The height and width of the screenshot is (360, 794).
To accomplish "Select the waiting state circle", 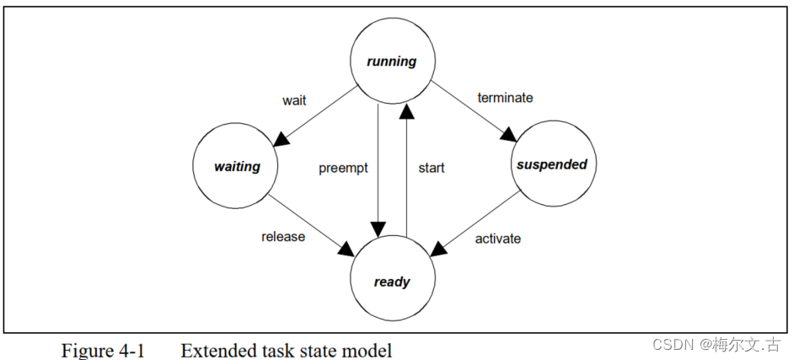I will click(237, 166).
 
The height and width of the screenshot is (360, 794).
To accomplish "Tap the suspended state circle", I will click(550, 164).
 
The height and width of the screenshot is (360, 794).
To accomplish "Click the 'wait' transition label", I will click(294, 100).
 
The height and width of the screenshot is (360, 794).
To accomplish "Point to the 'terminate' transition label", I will click(505, 97).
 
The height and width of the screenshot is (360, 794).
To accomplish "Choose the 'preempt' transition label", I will click(344, 168).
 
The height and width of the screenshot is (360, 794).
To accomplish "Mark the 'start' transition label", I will click(431, 168).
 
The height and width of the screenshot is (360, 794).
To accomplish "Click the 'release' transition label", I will click(283, 236).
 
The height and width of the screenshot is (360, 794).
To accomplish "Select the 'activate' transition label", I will click(497, 239).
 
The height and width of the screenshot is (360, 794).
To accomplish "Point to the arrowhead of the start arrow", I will click(406, 105).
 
